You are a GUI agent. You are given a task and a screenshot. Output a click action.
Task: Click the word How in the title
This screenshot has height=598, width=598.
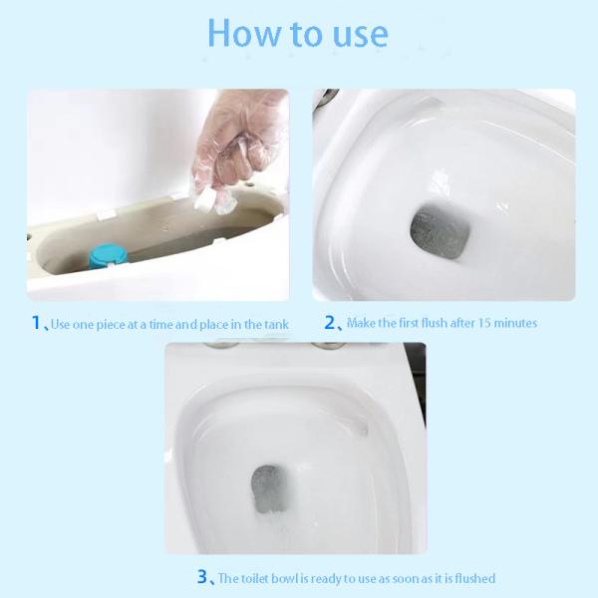coord(243,33)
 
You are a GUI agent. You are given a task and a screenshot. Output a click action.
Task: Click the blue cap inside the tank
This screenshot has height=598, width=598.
coord(103,255)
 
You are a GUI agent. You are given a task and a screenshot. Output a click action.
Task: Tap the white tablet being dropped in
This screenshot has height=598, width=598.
coord(206,199)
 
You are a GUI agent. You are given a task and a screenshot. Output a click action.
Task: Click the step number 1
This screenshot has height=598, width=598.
coord(36,323)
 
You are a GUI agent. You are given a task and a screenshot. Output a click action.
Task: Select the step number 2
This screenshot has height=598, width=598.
coord(330,322)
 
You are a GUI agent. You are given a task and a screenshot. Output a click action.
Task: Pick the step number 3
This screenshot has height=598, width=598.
coord(202,576)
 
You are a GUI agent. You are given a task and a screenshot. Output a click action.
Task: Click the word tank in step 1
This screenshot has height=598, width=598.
coord(276,325)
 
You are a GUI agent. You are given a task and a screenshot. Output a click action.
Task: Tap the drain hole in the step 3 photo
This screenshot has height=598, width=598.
coord(268,488)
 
